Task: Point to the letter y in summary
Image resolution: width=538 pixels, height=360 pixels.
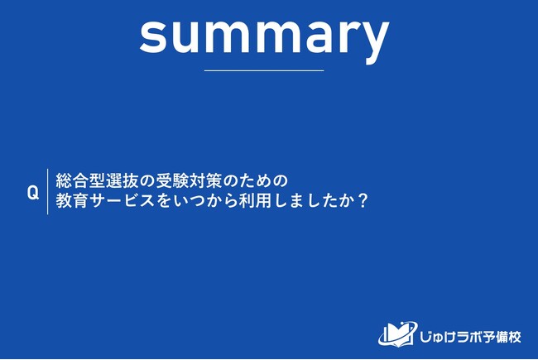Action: (x=375, y=43)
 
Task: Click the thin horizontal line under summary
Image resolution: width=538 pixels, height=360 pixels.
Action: (x=264, y=70)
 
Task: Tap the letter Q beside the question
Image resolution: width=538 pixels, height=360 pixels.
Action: (x=33, y=193)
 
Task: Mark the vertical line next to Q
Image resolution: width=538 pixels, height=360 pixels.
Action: (x=47, y=191)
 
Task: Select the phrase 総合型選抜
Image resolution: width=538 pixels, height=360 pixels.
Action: (x=97, y=181)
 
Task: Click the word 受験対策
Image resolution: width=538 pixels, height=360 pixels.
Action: (x=190, y=181)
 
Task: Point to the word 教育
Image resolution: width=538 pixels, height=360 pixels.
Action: (x=72, y=201)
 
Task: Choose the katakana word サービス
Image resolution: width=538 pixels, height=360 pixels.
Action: (x=122, y=201)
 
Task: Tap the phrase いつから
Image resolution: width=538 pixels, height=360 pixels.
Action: (x=205, y=201)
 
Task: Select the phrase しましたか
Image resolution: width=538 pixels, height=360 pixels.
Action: (x=315, y=201)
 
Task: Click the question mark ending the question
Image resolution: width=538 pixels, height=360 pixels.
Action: (x=362, y=201)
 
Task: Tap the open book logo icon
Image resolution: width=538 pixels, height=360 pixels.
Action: (x=398, y=334)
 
